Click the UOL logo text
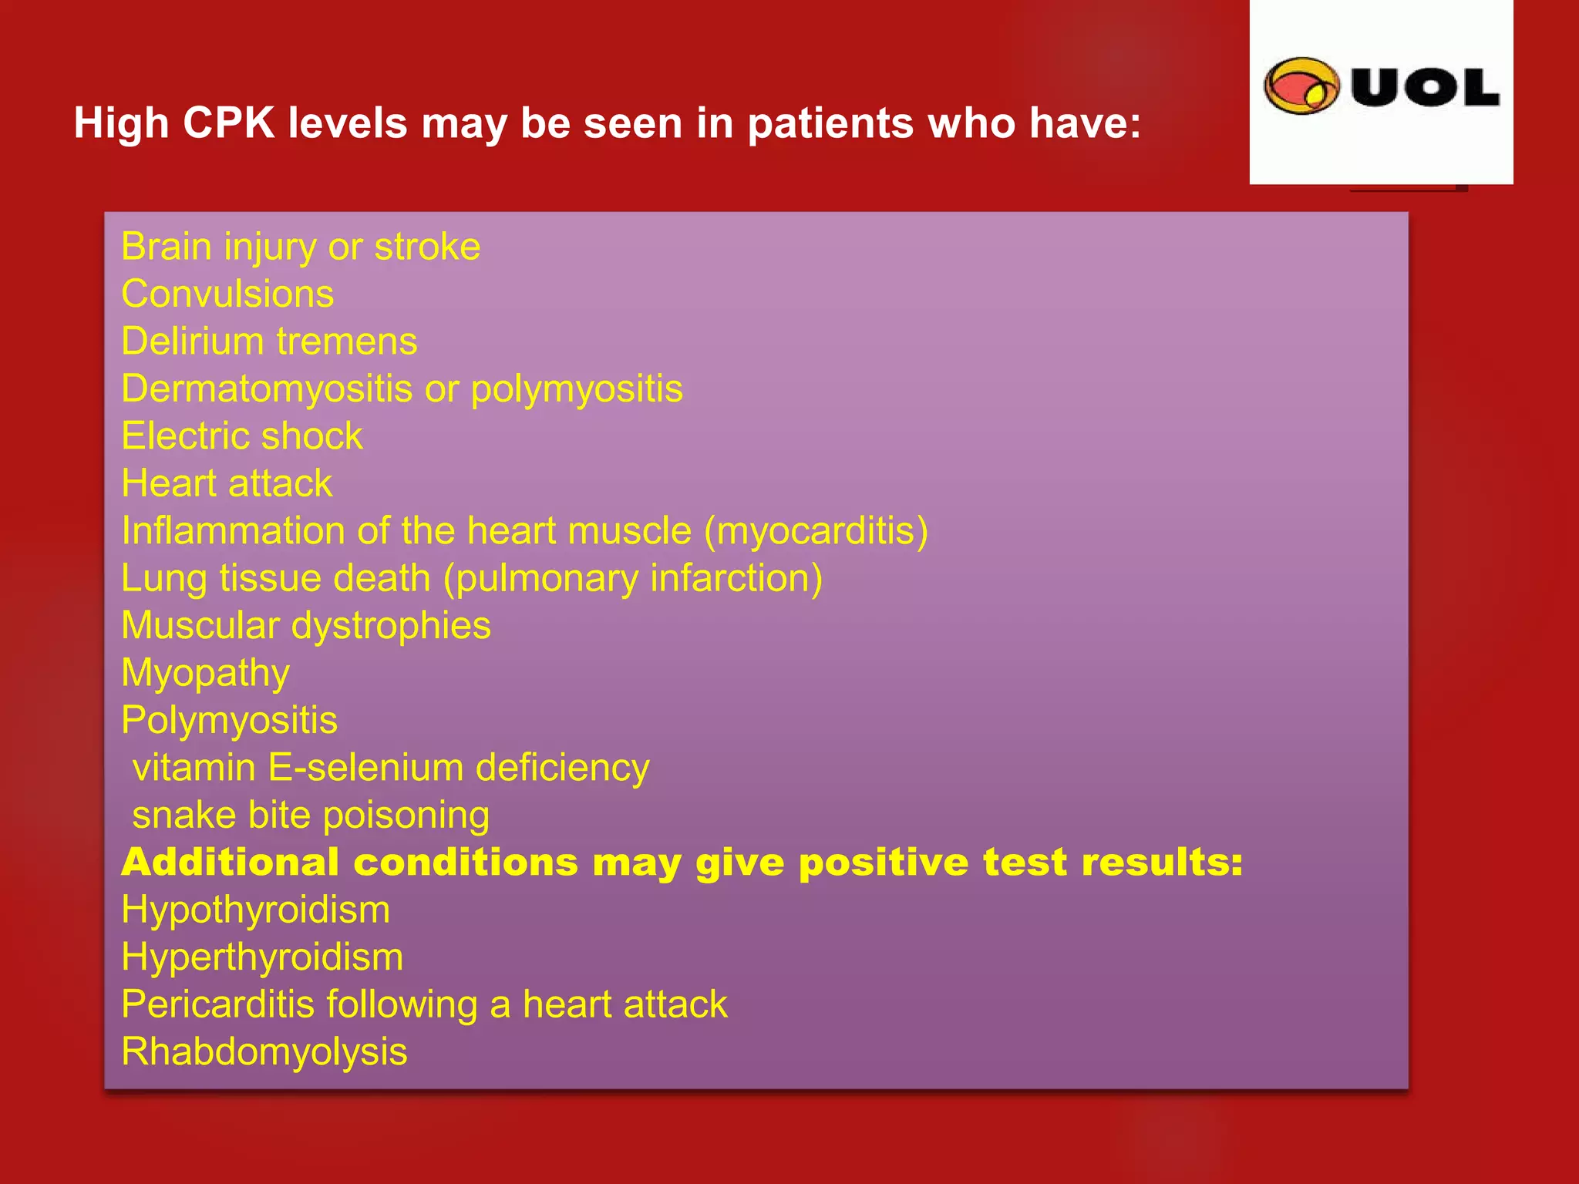coord(1425,87)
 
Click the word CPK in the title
coord(228,123)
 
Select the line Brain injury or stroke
coord(301,247)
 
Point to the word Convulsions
coord(227,294)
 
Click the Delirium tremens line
coord(269,341)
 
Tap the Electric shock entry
coord(241,436)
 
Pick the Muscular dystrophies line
coord(305,625)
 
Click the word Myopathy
coord(205,674)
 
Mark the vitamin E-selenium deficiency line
coord(391,768)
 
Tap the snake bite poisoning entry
coord(311,816)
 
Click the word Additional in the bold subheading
coord(230,862)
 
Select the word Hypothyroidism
coord(255,910)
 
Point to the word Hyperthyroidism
coord(262,957)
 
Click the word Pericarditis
coord(218,1004)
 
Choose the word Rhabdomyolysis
coord(264,1052)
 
